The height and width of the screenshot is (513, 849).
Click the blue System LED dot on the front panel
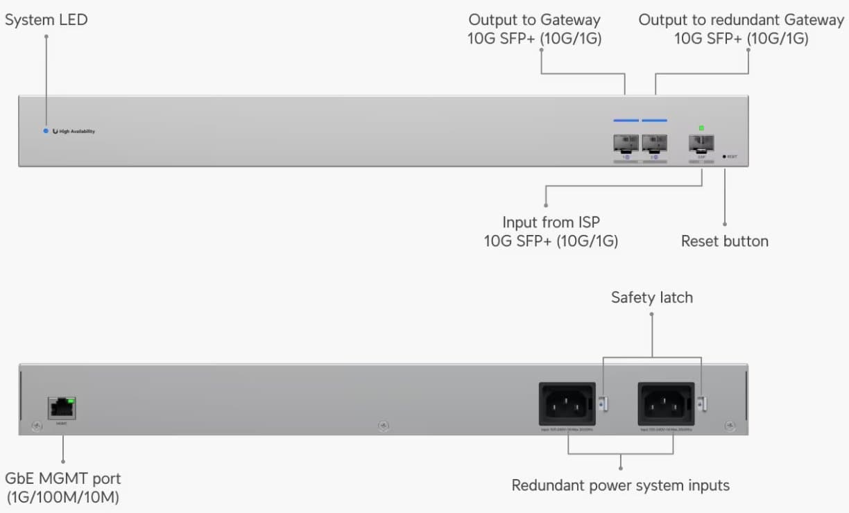pos(46,131)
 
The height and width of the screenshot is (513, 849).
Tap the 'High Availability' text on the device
pos(77,131)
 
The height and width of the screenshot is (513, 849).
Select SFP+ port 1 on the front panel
pos(626,144)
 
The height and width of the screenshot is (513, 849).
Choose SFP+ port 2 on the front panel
pos(654,144)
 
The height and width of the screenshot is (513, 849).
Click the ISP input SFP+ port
pos(701,144)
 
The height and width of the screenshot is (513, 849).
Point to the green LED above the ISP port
pos(701,128)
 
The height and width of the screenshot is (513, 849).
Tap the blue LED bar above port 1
pos(626,121)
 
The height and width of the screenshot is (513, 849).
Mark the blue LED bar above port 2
pos(654,121)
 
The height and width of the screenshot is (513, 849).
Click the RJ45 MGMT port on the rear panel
pos(62,407)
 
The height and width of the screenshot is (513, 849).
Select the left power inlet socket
pos(567,401)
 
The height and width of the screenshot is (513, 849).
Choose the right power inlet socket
pos(666,401)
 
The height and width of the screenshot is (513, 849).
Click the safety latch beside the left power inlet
pos(603,402)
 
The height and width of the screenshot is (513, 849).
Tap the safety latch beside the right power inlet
pos(702,402)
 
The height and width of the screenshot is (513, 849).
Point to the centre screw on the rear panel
pos(384,426)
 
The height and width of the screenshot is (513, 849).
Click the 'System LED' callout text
pos(46,20)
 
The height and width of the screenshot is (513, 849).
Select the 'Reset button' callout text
pos(724,241)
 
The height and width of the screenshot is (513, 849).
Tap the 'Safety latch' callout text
pos(651,297)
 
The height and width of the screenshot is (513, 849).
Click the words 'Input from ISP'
pos(551,223)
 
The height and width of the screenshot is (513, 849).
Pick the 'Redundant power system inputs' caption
pos(620,485)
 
